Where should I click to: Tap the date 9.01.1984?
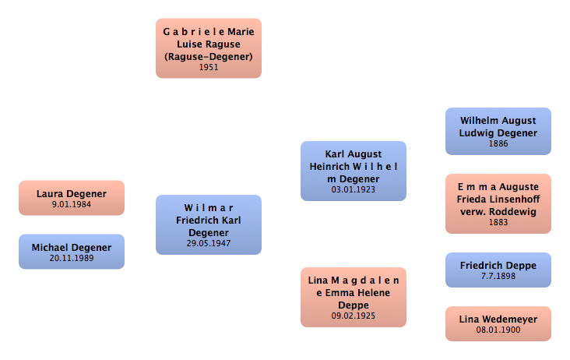point(72,204)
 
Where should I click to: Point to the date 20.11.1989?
point(72,258)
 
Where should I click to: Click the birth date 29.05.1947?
point(209,244)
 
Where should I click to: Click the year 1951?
point(209,68)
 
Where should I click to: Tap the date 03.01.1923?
point(354,189)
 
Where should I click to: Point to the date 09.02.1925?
point(354,316)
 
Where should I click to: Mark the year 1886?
point(498,143)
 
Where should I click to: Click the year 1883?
point(498,223)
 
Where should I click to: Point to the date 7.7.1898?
point(498,277)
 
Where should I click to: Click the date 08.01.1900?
point(498,330)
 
